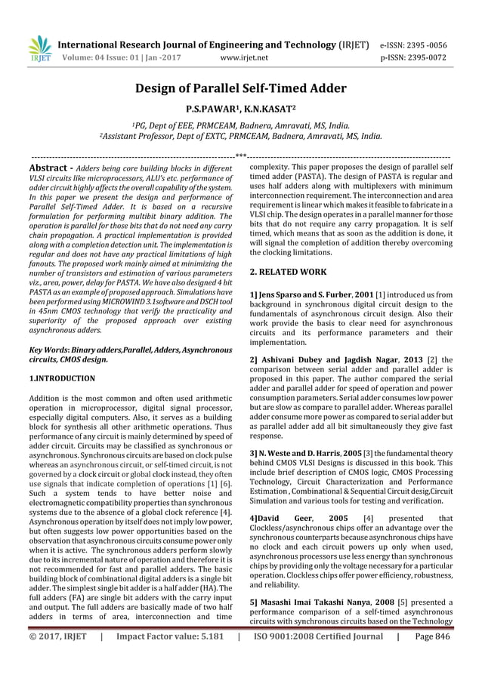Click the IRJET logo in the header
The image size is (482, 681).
(39, 49)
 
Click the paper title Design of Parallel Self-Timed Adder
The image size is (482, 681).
(240, 89)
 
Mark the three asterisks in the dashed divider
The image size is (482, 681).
(241, 156)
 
